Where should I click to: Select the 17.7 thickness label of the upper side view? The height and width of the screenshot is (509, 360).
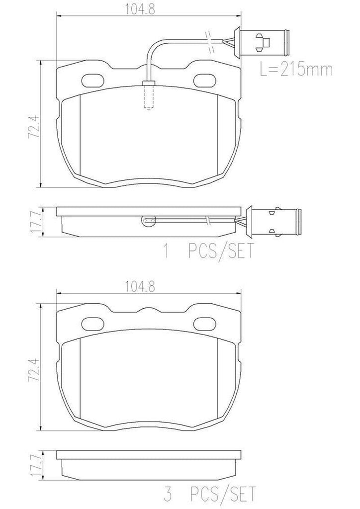pos(32,221)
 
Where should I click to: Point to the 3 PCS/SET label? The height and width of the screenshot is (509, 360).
pos(209,495)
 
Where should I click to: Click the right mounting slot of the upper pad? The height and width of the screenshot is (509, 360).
pos(204,80)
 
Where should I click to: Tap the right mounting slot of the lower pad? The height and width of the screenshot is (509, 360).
pos(204,323)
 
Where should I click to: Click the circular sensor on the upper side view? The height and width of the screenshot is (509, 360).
pos(149,220)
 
